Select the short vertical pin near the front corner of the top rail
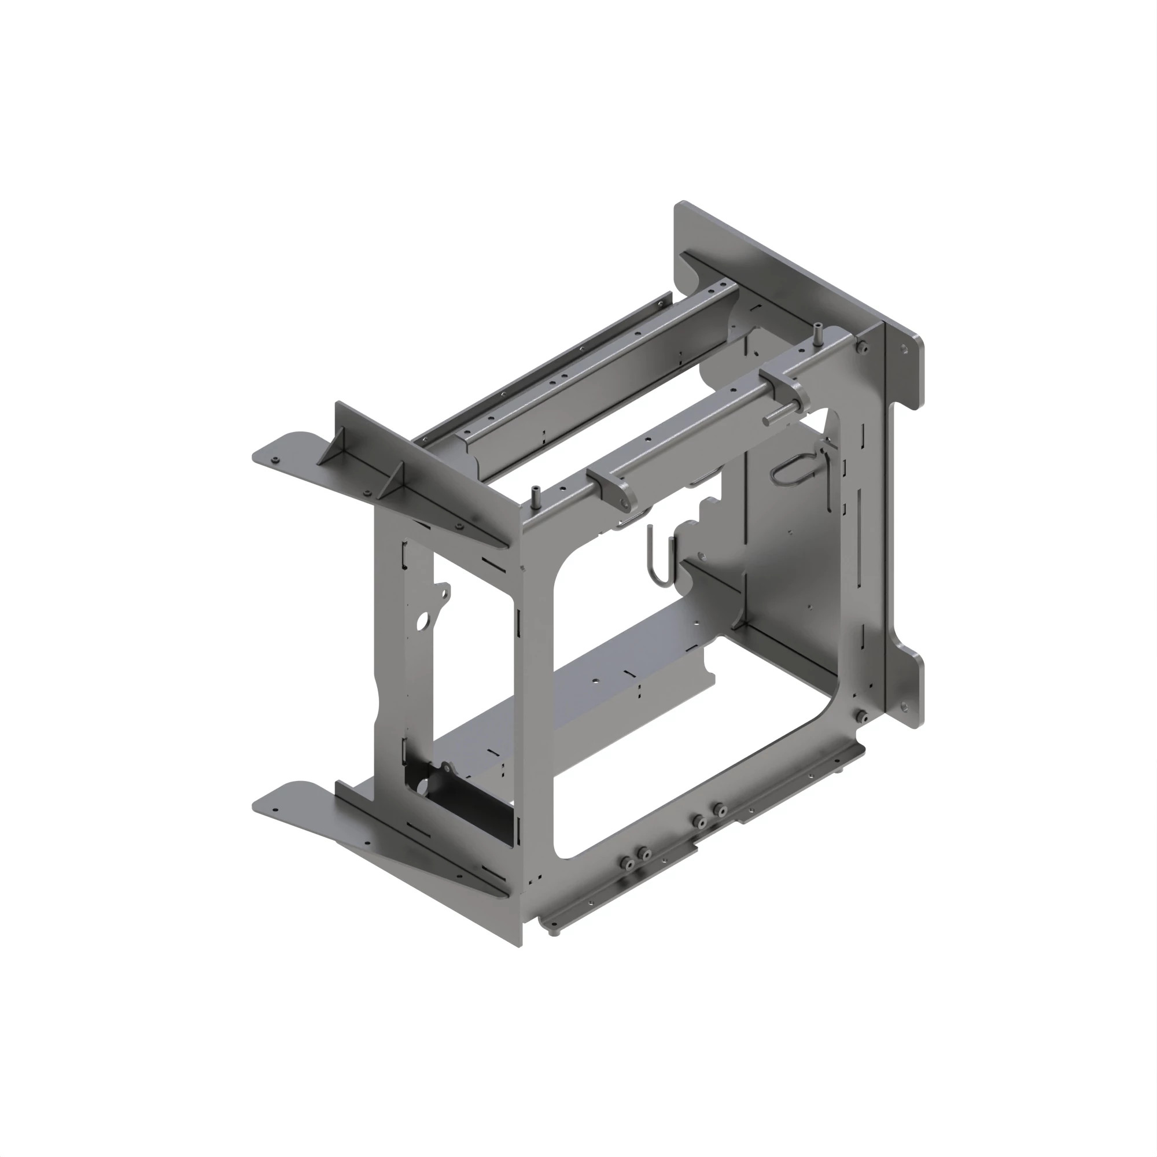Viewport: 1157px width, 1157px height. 535,499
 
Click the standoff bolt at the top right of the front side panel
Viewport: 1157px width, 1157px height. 862,348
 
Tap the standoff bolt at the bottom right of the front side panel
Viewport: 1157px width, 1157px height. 862,716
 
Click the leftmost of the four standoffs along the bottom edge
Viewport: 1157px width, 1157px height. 627,863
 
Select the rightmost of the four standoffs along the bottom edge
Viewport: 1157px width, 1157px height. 719,810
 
